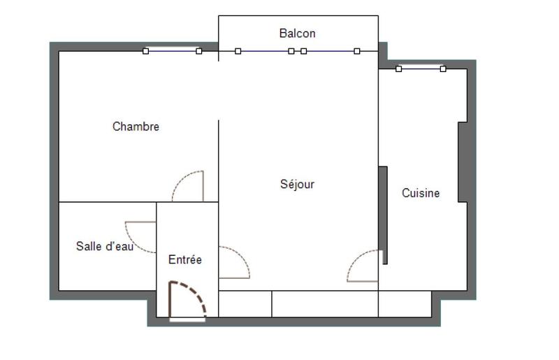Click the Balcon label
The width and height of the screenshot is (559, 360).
(x=297, y=33)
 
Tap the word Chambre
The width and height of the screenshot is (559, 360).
(x=136, y=127)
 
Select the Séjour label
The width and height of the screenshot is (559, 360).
(x=297, y=185)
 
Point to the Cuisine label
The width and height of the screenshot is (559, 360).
(x=421, y=193)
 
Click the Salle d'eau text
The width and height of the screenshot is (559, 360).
(x=104, y=246)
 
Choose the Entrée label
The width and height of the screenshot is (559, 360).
(x=185, y=259)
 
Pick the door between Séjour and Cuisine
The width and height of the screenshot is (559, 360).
(x=363, y=266)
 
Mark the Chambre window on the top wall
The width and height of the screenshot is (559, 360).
(x=172, y=50)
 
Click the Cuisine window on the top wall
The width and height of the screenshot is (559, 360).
(x=421, y=69)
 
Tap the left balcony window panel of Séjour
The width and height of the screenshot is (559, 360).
(x=264, y=51)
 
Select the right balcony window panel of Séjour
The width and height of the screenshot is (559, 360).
(x=330, y=51)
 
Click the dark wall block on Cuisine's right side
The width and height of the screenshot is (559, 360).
(x=463, y=162)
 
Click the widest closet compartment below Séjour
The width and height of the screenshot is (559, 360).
(x=325, y=304)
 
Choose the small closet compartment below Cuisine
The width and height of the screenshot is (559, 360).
(x=405, y=304)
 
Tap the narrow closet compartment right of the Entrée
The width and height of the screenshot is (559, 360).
(x=245, y=304)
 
